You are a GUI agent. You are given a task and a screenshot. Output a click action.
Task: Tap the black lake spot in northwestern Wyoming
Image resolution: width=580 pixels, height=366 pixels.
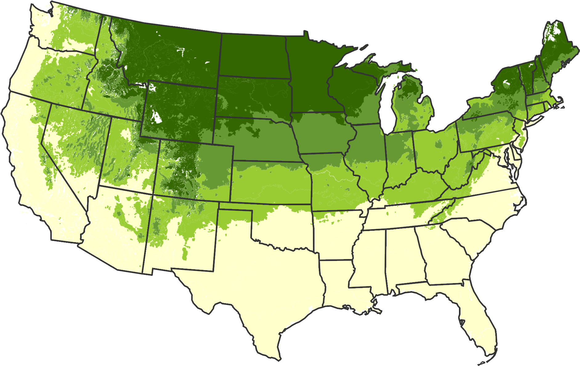[x=157, y=117]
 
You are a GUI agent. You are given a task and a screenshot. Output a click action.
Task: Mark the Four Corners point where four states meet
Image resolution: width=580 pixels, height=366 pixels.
[x=153, y=194]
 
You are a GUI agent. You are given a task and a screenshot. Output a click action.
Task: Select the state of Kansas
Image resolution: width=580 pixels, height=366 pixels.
[x=271, y=182]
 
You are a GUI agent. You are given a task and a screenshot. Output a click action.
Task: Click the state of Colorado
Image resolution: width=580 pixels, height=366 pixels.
[x=194, y=169]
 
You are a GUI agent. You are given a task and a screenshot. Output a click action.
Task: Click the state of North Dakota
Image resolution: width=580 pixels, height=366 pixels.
[x=254, y=55]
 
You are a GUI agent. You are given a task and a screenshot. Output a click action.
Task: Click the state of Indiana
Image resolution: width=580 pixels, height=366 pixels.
[x=399, y=157]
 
